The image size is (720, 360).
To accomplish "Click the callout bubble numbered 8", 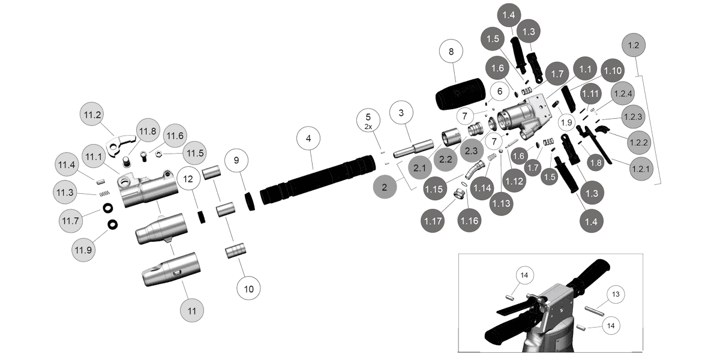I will point(451,52).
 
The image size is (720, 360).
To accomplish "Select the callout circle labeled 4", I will point(308,138).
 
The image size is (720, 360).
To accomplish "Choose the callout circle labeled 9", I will point(236,160).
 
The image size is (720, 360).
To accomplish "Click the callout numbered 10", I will point(248,289).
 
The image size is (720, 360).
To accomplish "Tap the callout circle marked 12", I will point(188,179).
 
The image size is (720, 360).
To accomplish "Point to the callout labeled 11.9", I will point(83,249).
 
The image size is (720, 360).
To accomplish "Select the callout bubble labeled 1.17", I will point(433,221).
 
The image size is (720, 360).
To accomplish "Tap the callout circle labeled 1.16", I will point(470,221).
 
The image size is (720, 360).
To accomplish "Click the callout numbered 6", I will point(497,92).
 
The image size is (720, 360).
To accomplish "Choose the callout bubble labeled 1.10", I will point(613,70).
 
